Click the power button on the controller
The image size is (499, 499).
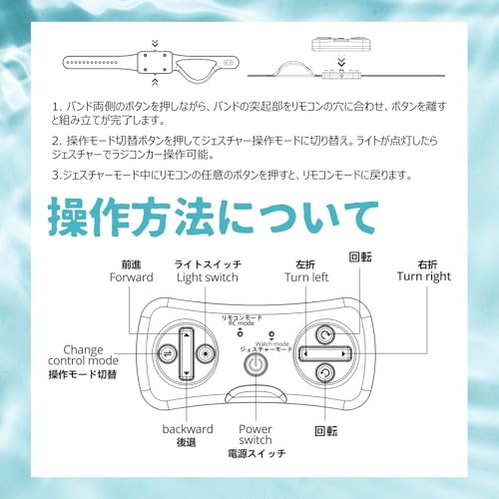tap(255, 364)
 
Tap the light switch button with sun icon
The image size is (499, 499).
tap(206, 353)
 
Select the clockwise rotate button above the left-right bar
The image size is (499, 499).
tap(324, 334)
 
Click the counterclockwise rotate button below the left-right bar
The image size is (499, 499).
tap(324, 373)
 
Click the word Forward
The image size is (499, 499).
tap(132, 277)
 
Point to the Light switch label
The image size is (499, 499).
tap(208, 277)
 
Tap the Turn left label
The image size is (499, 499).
tap(306, 277)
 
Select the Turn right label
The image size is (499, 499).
tap(424, 276)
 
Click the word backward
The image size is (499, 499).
tap(188, 429)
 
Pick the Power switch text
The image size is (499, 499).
tap(255, 434)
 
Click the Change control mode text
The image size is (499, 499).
tap(83, 355)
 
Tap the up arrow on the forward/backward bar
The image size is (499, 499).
tap(187, 335)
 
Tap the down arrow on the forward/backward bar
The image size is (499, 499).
tap(187, 373)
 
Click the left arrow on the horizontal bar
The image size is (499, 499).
tap(305, 353)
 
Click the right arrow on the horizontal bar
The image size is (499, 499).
tap(343, 353)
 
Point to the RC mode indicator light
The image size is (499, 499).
tap(240, 333)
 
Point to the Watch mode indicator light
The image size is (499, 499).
tap(271, 334)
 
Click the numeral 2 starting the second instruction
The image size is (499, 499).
tap(55, 141)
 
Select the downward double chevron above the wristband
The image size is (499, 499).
tap(155, 43)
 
